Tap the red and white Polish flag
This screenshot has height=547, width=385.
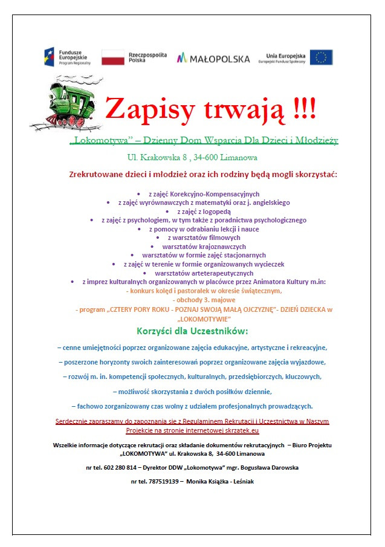[x=113, y=57]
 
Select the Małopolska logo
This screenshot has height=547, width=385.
[x=213, y=59]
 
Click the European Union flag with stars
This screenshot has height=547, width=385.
[x=321, y=57]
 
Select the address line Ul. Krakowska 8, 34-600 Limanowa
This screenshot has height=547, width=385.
[x=192, y=158]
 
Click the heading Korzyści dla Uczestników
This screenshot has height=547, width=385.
[x=192, y=331]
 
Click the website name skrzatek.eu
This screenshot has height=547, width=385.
[x=241, y=430]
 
